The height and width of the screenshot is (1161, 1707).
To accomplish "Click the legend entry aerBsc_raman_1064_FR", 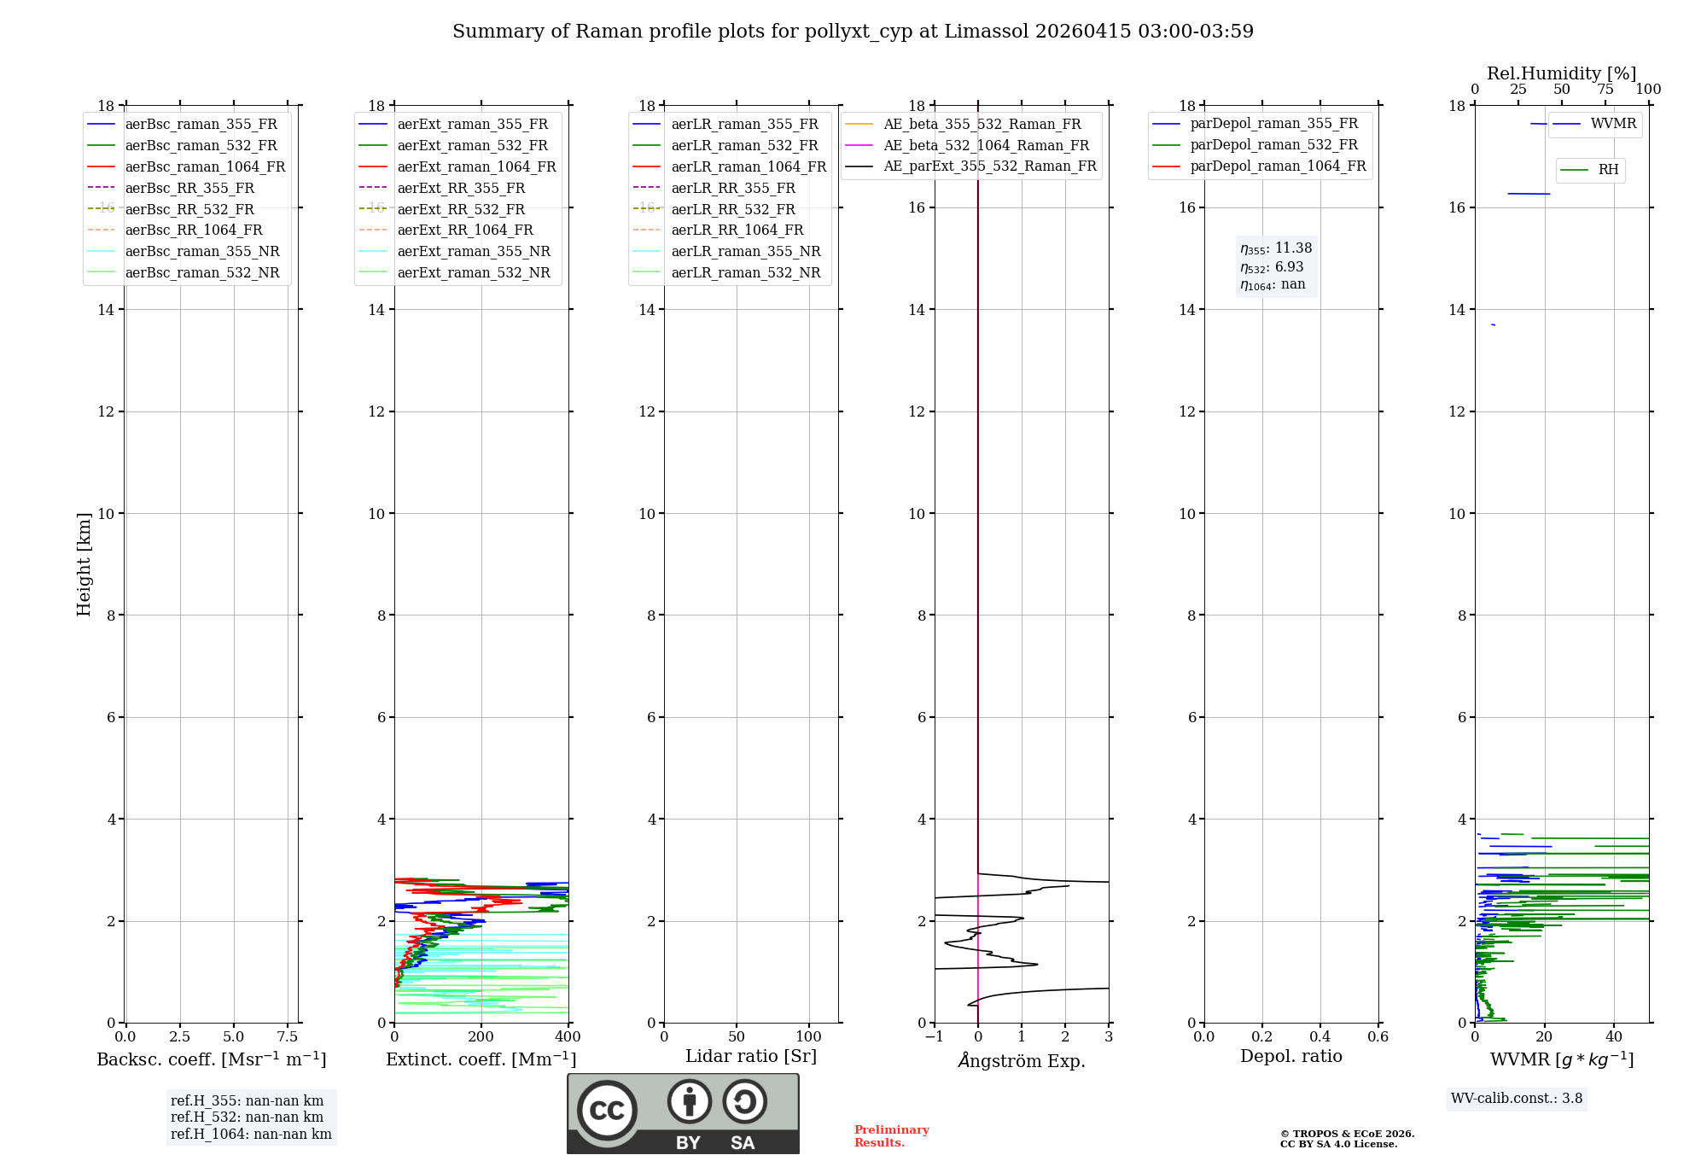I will click(205, 166).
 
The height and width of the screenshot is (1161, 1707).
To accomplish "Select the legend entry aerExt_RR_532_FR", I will click(461, 209).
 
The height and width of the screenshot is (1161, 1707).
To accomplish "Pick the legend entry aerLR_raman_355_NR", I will click(745, 251).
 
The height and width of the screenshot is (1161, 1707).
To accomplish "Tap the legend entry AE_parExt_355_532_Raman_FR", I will click(989, 166).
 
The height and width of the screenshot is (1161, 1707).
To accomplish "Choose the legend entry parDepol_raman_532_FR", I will click(1273, 144).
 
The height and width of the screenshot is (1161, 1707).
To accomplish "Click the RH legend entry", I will click(1608, 170).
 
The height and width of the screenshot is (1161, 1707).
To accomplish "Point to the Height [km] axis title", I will click(84, 564).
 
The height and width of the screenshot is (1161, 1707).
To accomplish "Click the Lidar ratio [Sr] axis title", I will click(751, 1056).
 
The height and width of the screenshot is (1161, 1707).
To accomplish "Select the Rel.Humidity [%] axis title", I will click(1561, 73).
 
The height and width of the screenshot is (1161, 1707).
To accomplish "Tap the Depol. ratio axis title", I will click(1290, 1056).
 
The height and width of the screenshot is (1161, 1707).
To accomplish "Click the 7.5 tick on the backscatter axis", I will click(288, 1037).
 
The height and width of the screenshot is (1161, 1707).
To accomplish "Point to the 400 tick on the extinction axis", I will click(568, 1037).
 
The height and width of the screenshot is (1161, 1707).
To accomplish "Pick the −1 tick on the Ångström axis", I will click(935, 1037).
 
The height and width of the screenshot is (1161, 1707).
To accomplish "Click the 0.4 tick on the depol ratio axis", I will click(1320, 1037).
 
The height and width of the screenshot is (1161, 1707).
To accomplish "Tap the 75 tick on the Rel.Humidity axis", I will click(1605, 90).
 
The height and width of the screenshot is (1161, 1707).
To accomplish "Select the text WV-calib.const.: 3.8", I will click(1517, 1099).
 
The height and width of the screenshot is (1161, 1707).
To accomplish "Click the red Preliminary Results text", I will click(891, 1136).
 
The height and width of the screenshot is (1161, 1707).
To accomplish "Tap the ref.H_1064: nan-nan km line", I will click(251, 1135).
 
